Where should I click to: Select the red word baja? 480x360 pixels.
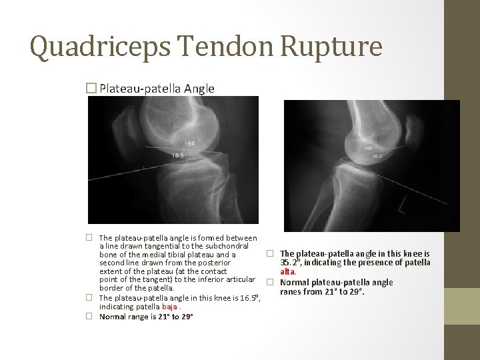(169, 307)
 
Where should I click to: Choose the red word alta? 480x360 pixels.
(287, 272)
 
